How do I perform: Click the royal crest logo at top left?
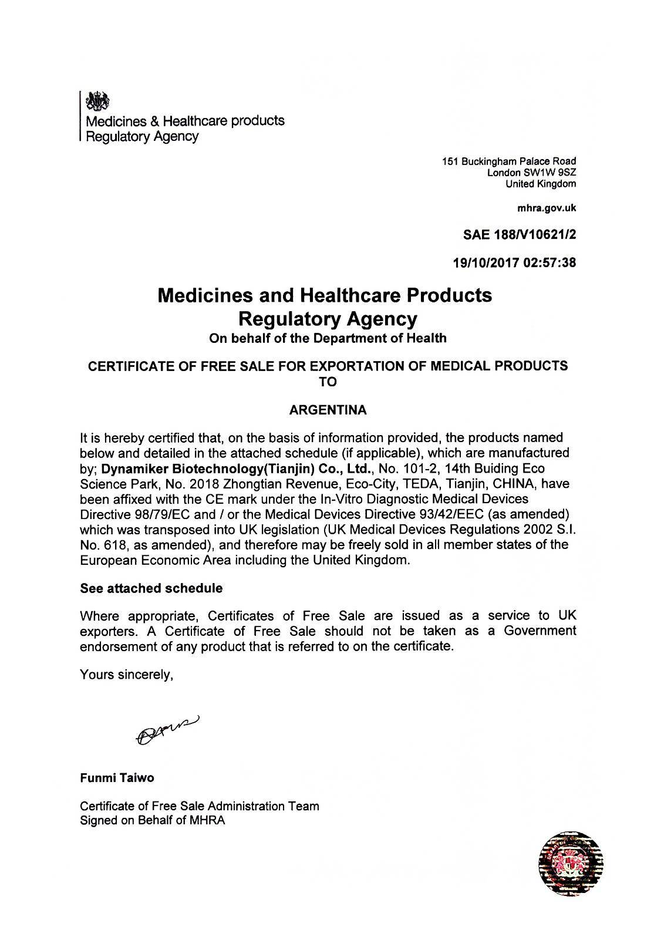(x=97, y=102)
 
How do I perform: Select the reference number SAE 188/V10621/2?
(x=520, y=235)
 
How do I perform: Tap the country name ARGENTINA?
(x=328, y=410)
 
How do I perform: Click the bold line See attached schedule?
(x=151, y=588)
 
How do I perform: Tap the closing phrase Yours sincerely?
(x=126, y=675)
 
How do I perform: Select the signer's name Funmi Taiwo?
(x=117, y=778)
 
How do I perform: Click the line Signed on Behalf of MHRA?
(x=152, y=821)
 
